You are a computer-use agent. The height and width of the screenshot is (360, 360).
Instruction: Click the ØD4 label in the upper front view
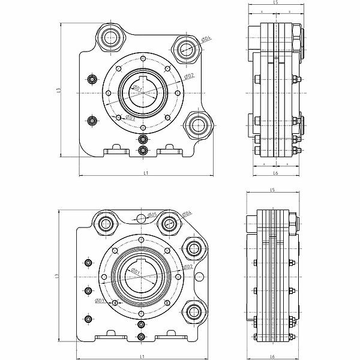coord(205,40)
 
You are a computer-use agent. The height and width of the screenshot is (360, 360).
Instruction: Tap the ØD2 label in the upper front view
coord(188,76)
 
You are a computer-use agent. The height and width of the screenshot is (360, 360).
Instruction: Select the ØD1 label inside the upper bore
coord(137,89)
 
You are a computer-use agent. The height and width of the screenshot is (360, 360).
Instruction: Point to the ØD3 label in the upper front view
coord(130,118)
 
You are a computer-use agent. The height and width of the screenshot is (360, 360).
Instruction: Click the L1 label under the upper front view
coord(145,173)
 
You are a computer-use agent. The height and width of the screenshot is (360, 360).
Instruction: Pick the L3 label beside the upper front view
coord(59,89)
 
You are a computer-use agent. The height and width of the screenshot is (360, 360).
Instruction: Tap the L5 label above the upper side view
coord(275,3)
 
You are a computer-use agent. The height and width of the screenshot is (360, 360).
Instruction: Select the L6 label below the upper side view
coord(275,173)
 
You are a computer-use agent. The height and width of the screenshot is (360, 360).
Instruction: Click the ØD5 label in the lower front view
coord(152,214)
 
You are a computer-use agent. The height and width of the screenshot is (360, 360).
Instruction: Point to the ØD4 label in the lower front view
coord(187,213)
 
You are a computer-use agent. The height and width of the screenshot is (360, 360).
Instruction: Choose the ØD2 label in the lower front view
coord(187,266)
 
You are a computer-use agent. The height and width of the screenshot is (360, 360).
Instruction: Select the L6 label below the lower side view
coord(273,356)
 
